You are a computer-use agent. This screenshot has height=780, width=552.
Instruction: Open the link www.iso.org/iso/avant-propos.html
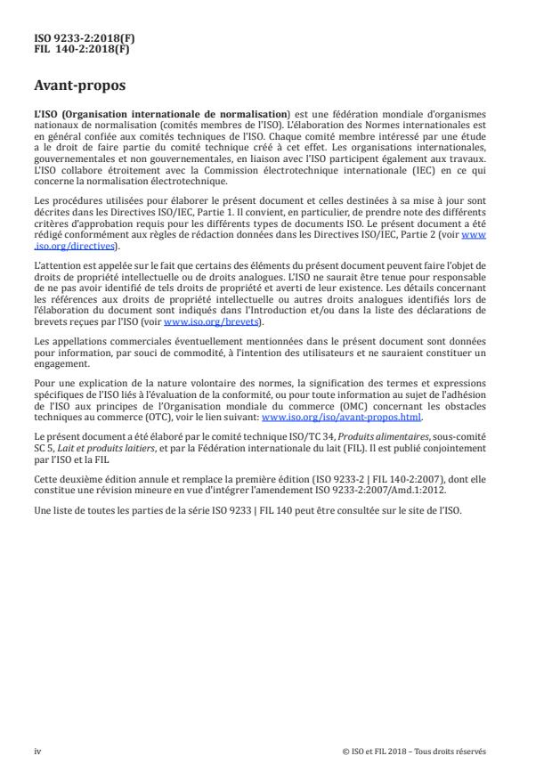tap(342, 415)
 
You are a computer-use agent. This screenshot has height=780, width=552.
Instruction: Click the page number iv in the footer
tap(37, 751)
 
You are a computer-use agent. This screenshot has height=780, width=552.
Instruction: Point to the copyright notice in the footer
tap(414, 751)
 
